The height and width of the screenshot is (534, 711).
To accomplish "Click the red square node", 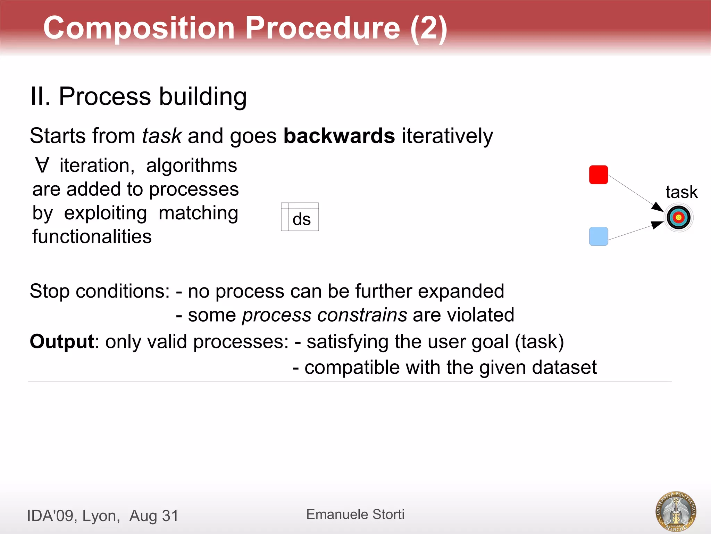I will point(598,175).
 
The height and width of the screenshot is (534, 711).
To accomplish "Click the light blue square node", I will point(598,236).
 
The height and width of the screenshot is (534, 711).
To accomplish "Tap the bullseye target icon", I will point(678,218).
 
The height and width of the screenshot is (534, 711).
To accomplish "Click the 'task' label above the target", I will point(681,192).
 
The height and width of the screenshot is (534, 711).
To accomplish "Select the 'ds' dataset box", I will point(300,217).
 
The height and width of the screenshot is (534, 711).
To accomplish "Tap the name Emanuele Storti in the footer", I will point(355,514).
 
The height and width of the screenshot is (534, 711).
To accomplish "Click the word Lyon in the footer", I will point(101,516).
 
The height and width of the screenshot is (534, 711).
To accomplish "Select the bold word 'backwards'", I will point(339,136).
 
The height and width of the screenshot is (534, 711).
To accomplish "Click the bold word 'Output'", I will point(62,341).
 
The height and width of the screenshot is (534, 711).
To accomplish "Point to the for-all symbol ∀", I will point(42,165).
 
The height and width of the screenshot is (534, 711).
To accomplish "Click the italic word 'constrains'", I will point(362,315).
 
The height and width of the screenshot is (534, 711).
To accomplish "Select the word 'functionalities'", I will point(92,236).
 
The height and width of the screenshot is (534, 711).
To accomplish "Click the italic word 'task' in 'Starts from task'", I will point(162,136).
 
